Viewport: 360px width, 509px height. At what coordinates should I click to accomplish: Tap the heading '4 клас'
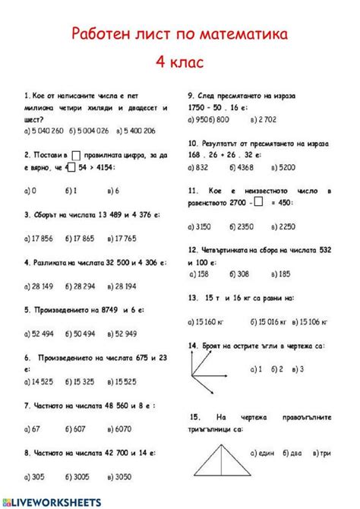(180, 62)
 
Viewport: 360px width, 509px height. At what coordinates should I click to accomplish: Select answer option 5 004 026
(91, 131)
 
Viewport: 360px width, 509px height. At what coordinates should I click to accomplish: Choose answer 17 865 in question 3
(83, 238)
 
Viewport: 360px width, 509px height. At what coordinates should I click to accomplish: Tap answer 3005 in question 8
(80, 477)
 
